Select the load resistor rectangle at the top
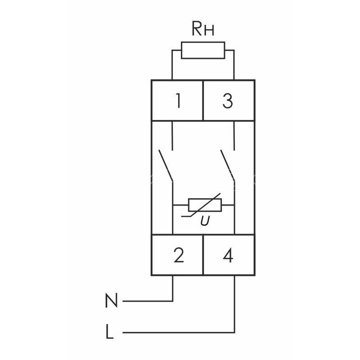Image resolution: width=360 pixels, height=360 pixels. pyautogui.click(x=203, y=50)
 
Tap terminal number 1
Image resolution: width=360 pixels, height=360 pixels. pyautogui.click(x=178, y=100)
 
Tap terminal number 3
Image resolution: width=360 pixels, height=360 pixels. pyautogui.click(x=228, y=100)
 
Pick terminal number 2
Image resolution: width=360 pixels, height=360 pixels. pyautogui.click(x=179, y=255)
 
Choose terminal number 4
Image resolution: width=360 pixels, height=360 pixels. pyautogui.click(x=228, y=255)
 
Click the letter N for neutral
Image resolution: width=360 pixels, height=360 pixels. pyautogui.click(x=111, y=300)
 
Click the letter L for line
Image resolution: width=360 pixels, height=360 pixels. pyautogui.click(x=109, y=331)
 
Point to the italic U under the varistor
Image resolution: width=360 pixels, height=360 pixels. pyautogui.click(x=205, y=221)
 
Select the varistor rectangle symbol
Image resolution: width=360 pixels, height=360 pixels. pyautogui.click(x=205, y=205)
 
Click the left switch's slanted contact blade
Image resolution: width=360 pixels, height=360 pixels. pyautogui.click(x=166, y=166)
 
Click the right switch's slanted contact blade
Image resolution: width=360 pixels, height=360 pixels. pyautogui.click(x=228, y=166)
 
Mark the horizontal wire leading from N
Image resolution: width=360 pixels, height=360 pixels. pyautogui.click(x=148, y=301)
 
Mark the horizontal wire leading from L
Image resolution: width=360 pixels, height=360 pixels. pyautogui.click(x=179, y=332)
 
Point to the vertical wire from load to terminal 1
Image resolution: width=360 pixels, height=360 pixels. pyautogui.click(x=172, y=65)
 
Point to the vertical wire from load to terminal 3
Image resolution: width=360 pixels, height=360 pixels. pyautogui.click(x=234, y=65)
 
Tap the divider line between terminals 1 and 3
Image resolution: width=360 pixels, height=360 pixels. pyautogui.click(x=203, y=100)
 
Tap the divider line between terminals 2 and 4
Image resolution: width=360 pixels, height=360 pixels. pyautogui.click(x=203, y=255)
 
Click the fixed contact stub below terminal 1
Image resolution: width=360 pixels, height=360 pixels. pyautogui.click(x=172, y=135)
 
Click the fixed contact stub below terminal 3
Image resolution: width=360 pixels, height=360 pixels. pyautogui.click(x=234, y=135)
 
